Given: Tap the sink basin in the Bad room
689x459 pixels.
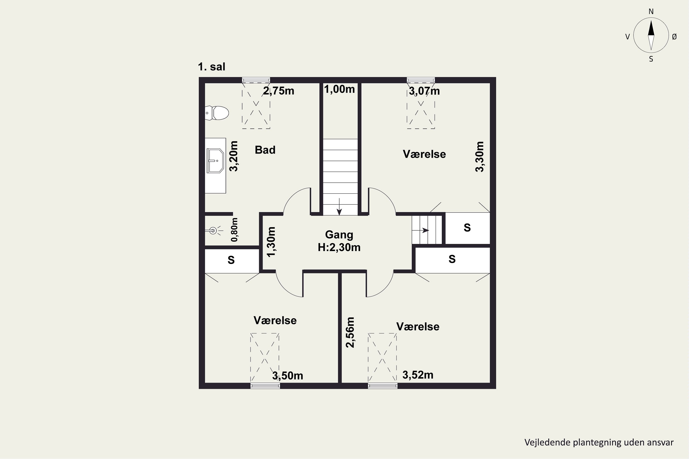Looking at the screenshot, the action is coord(215,161).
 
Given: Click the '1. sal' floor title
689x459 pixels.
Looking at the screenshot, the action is coord(212,67).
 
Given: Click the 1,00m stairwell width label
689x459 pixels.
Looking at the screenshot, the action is coord(339,89).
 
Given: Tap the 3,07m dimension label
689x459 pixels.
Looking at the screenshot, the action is coord(424,91).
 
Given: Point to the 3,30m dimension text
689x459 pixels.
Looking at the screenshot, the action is coord(480,157).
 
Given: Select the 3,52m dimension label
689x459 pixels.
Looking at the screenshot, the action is coord(418,375).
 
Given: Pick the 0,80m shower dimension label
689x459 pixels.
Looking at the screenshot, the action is coord(235,230).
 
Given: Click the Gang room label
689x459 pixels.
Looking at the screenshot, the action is coord(339,235).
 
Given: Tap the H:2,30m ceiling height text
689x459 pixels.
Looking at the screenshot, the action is coord(339,248).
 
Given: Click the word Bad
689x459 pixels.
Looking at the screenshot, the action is coord(265,150).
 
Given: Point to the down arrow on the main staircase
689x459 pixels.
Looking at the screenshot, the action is coord(339,207).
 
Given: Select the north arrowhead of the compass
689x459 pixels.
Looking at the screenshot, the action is coord(651,28).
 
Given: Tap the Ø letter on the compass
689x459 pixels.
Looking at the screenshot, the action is coord(674,36).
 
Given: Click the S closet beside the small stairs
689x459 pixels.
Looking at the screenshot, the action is coord(467,228).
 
